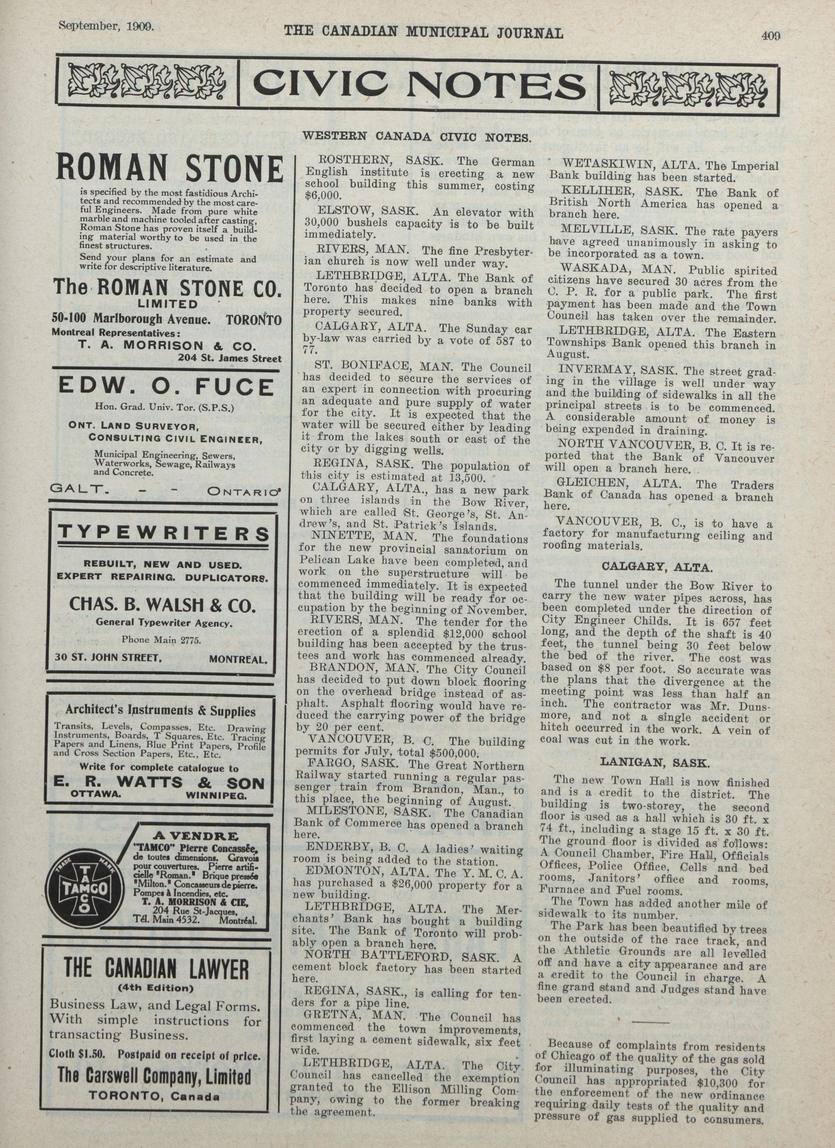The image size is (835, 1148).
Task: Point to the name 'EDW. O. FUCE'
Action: click(x=166, y=388)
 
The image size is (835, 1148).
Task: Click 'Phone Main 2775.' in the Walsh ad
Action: click(x=161, y=640)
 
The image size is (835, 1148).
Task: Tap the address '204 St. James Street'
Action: click(x=229, y=358)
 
